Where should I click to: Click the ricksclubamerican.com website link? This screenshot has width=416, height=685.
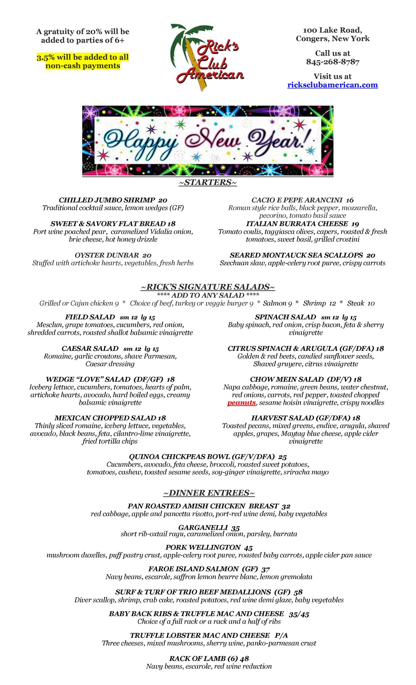click(x=332, y=85)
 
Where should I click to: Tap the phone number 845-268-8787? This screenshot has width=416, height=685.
click(x=332, y=62)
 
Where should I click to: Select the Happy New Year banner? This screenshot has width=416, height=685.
click(x=208, y=141)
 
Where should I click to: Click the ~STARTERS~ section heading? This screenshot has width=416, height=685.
click(x=208, y=182)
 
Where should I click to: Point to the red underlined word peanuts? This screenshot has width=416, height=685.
click(x=241, y=403)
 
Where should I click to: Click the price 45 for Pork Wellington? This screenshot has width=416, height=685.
click(x=248, y=548)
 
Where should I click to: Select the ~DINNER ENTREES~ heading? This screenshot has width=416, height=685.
click(x=209, y=493)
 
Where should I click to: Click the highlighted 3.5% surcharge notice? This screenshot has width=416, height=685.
click(x=83, y=62)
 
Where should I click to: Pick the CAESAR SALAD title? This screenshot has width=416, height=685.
click(x=90, y=349)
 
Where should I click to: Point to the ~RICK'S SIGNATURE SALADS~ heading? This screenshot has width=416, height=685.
click(x=208, y=287)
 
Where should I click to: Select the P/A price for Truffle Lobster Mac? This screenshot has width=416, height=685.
click(x=281, y=635)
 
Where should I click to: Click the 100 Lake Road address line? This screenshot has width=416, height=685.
click(x=332, y=30)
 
